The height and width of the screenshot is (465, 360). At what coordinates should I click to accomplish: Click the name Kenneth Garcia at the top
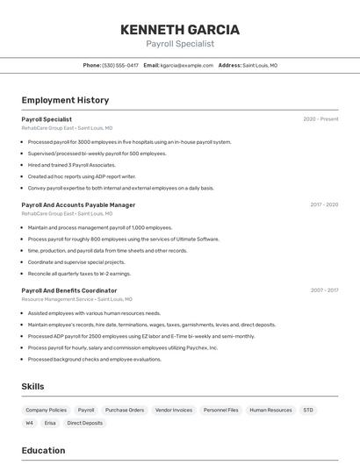pyautogui.click(x=179, y=29)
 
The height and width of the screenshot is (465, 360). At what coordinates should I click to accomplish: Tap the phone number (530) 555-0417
pyautogui.click(x=120, y=65)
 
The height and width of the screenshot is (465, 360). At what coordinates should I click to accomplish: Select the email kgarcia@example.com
pyautogui.click(x=187, y=65)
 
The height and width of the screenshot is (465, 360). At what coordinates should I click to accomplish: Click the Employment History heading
pyautogui.click(x=65, y=100)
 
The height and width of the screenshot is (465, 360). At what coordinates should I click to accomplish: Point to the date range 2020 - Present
pyautogui.click(x=320, y=118)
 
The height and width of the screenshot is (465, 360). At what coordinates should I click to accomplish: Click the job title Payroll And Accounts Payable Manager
pyautogui.click(x=78, y=204)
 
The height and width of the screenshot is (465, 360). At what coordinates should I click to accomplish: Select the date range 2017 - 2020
pyautogui.click(x=324, y=204)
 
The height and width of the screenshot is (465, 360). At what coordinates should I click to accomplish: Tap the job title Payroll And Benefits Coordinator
pyautogui.click(x=69, y=290)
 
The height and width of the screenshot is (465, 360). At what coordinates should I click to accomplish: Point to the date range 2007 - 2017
pyautogui.click(x=324, y=290)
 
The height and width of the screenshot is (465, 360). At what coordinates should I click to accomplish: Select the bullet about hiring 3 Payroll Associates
pyautogui.click(x=71, y=165)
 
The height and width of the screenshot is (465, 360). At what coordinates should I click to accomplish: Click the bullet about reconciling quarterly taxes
pyautogui.click(x=79, y=273)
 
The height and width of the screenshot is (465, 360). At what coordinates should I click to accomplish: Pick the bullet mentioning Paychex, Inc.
pyautogui.click(x=122, y=347)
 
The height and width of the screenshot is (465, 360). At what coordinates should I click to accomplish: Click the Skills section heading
pyautogui.click(x=32, y=386)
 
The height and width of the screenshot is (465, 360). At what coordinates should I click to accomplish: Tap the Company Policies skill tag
pyautogui.click(x=46, y=410)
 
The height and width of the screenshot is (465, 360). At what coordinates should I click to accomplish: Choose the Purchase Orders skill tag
pyautogui.click(x=124, y=410)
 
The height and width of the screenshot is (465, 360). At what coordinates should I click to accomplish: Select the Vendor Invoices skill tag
pyautogui.click(x=173, y=410)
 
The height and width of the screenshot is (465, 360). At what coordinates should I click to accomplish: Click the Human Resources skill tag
pyautogui.click(x=270, y=410)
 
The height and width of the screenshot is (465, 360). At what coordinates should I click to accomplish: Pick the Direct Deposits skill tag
pyautogui.click(x=84, y=423)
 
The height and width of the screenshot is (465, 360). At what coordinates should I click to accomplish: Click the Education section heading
pyautogui.click(x=43, y=450)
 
